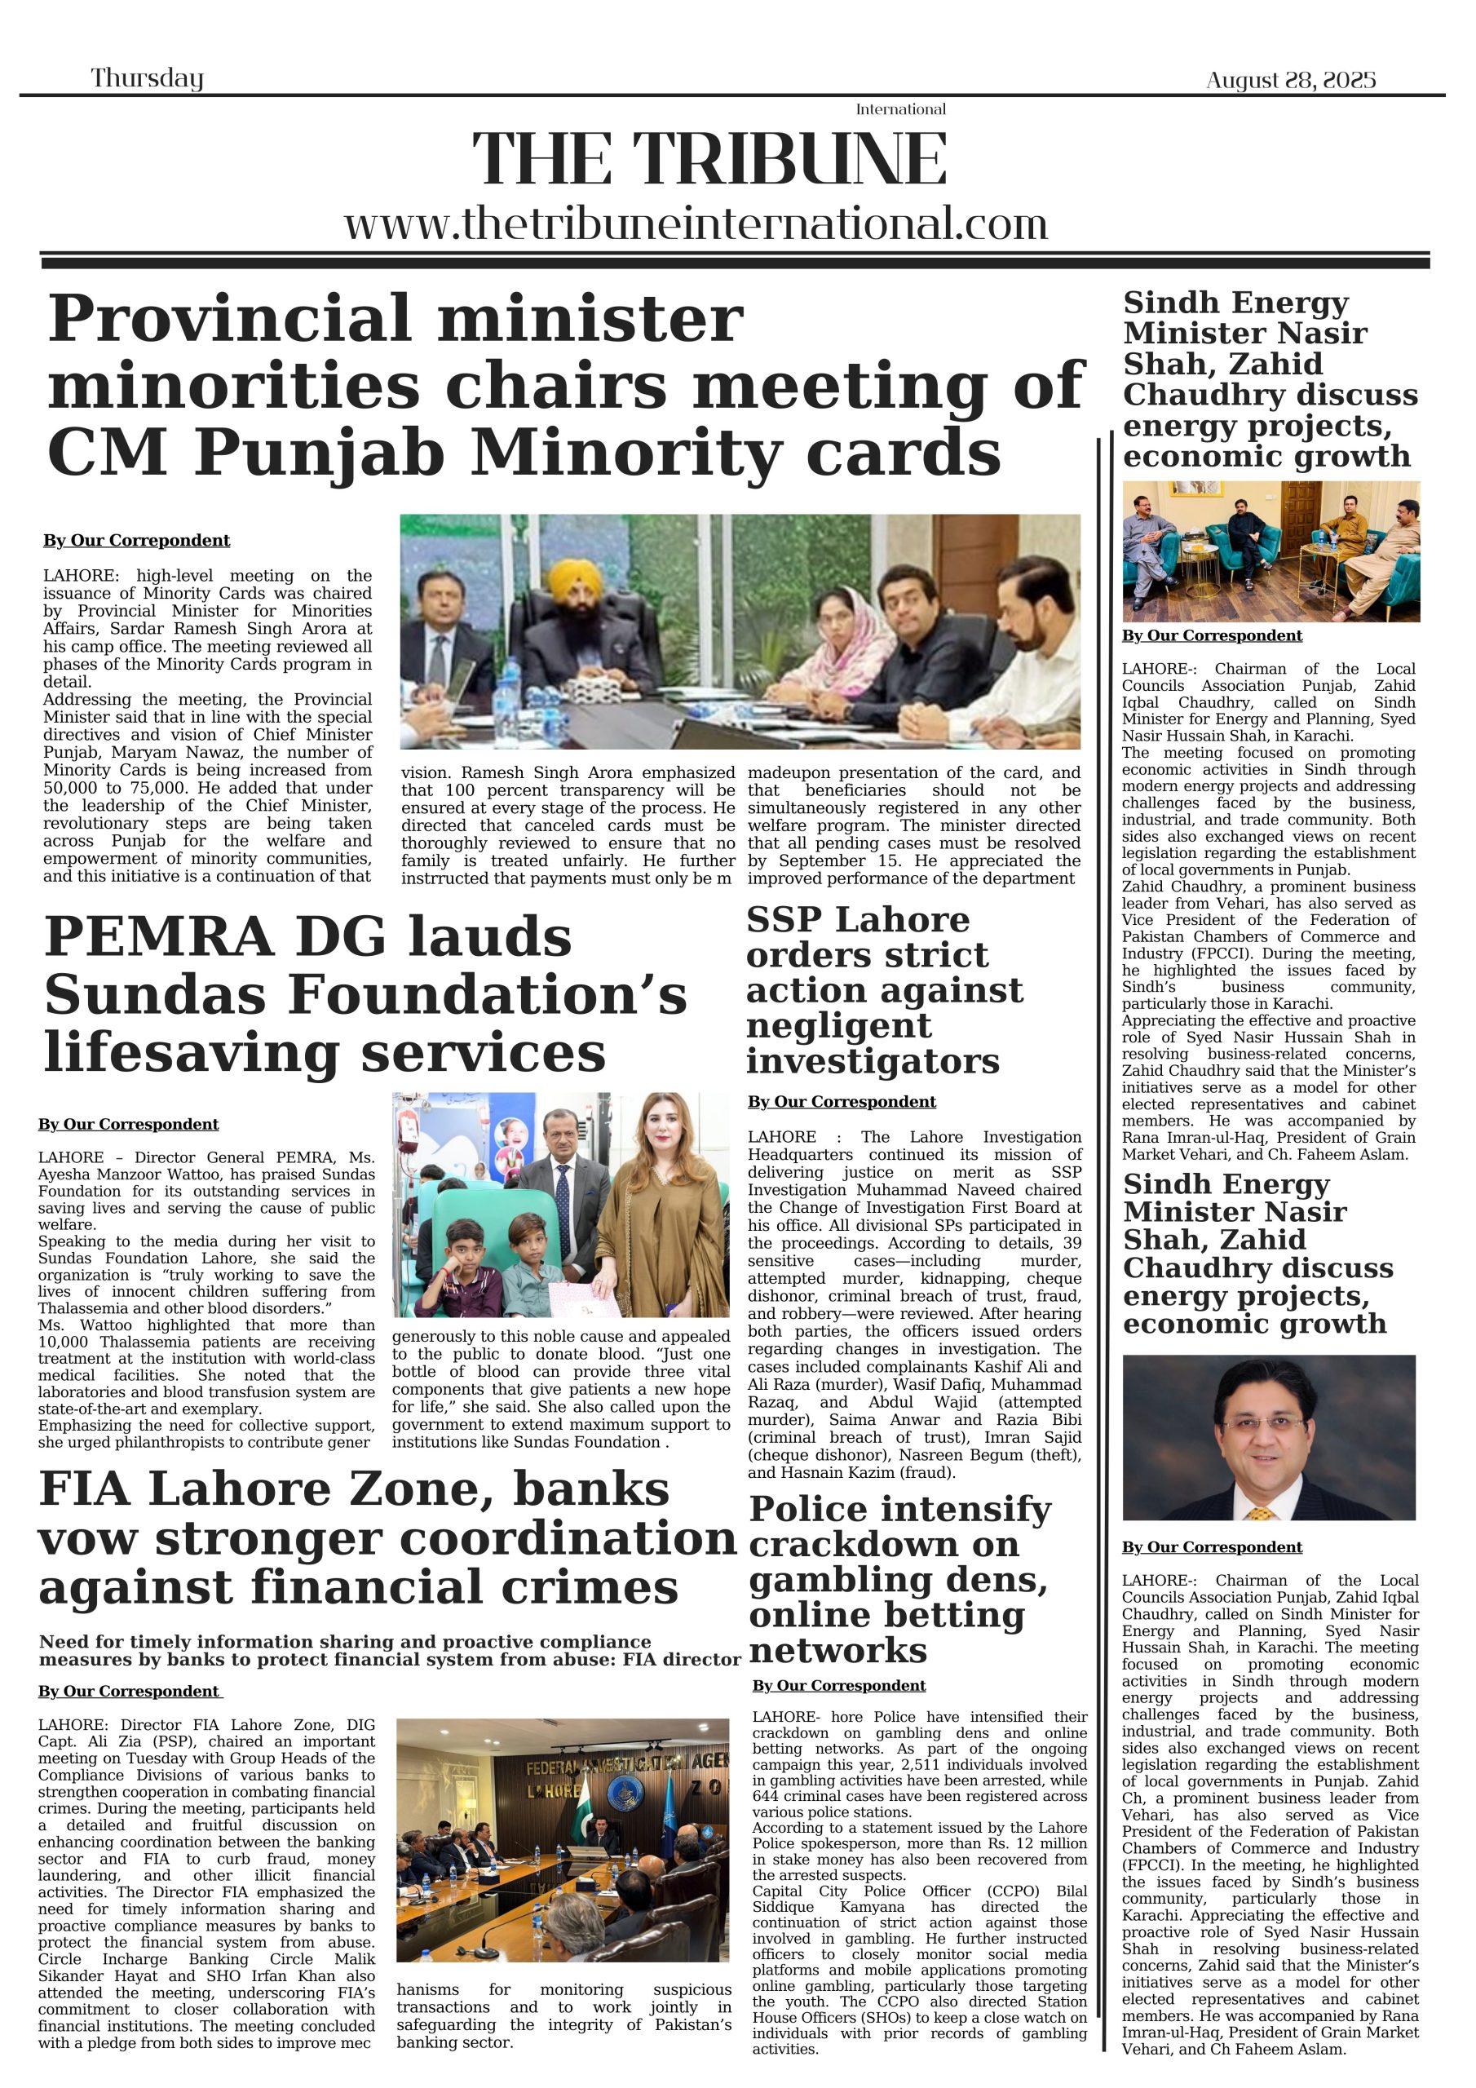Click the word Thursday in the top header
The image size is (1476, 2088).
pyautogui.click(x=147, y=78)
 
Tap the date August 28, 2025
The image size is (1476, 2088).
pyautogui.click(x=1290, y=80)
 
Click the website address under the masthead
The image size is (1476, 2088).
pyautogui.click(x=696, y=223)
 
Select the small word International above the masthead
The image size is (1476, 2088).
pyautogui.click(x=900, y=109)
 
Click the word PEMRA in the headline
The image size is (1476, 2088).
pyautogui.click(x=158, y=936)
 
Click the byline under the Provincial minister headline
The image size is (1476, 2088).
pyautogui.click(x=136, y=540)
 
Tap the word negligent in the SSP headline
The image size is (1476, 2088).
pyautogui.click(x=838, y=1026)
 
